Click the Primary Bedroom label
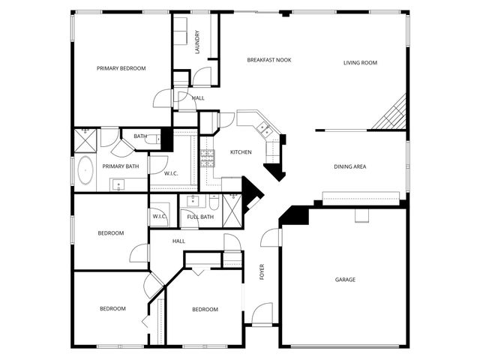[121, 68]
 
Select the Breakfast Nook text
[269, 59]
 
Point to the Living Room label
[360, 63]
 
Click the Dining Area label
[349, 166]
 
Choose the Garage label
[345, 280]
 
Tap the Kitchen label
[241, 152]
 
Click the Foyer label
[262, 271]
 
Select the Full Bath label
[200, 217]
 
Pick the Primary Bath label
[121, 166]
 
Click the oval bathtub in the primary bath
[85, 170]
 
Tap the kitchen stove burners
[207, 157]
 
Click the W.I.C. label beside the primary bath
[171, 173]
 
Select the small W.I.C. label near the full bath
[159, 216]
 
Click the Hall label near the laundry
[198, 98]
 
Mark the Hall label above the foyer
[178, 241]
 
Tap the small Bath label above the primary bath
[140, 136]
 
